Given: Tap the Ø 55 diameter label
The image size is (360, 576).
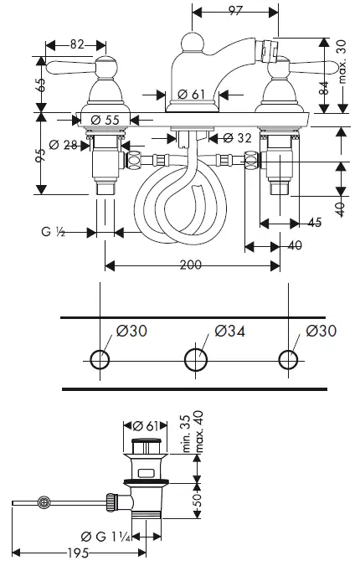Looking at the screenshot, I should click(x=106, y=120).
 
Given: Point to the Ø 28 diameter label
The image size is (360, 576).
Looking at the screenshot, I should click(x=64, y=146).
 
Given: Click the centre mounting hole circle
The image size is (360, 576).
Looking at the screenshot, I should click(x=194, y=360).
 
